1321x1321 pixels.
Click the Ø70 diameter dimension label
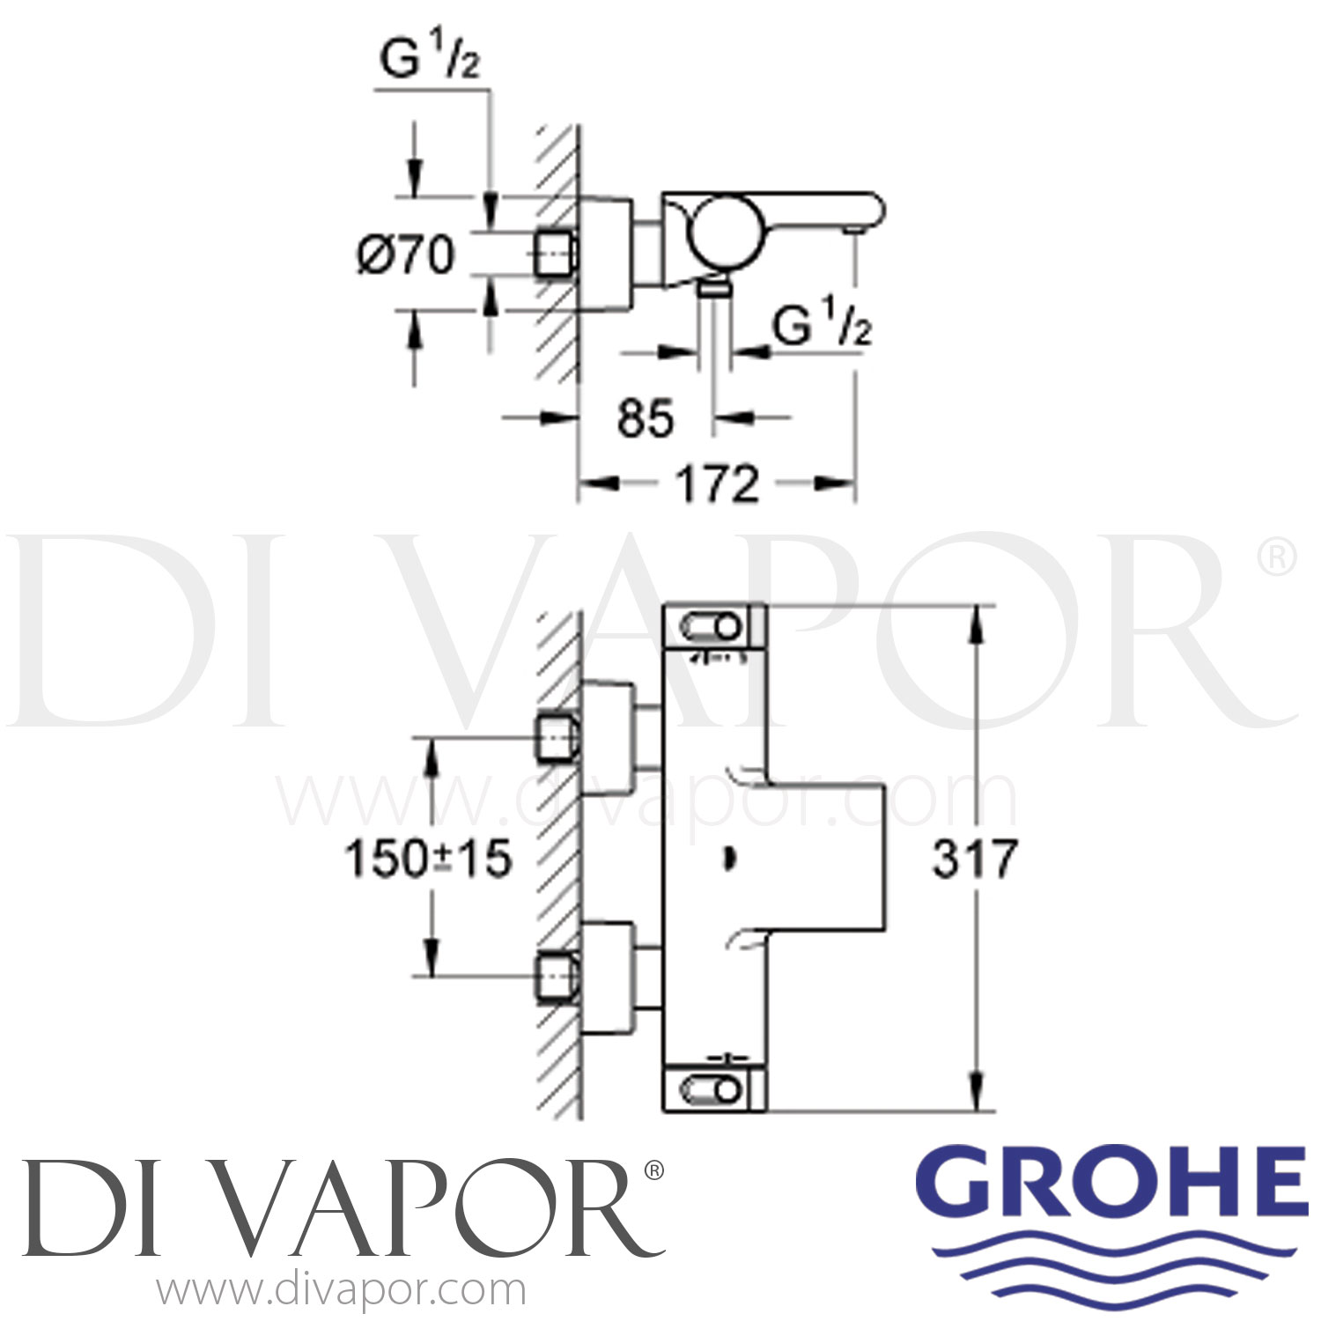click(406, 255)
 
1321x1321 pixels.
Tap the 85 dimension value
click(646, 417)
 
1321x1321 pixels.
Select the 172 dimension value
click(718, 483)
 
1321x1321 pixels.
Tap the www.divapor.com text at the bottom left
click(341, 1291)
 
